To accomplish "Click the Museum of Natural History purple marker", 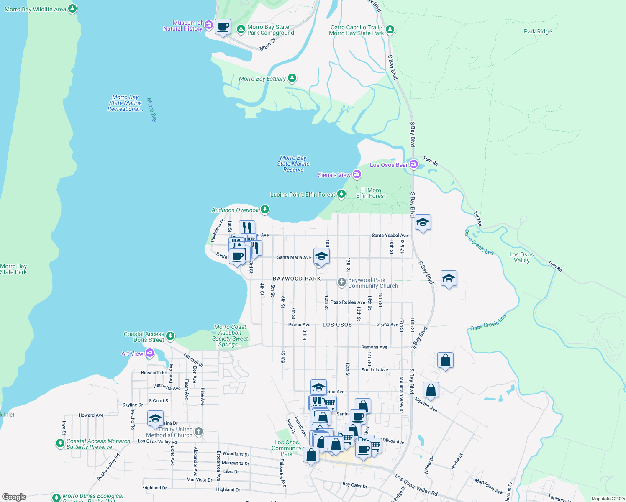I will pos(208,26).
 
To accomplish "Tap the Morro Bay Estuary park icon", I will pos(292,78).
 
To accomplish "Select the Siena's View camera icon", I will pos(357,174).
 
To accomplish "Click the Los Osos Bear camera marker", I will pos(414,164).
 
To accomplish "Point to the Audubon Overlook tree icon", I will pos(264,209).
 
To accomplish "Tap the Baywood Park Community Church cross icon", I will pos(342,282).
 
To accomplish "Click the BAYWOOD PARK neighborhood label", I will pos(297,279).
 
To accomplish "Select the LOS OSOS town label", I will pos(337,325).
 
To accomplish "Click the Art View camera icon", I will pos(149,353).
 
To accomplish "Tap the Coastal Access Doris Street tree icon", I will pos(170,336).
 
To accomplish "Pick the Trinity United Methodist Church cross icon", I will pos(199,431).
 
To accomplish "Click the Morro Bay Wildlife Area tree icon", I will pos(72,8).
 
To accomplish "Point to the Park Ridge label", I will pos(538,31).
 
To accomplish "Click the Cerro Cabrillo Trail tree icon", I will pos(390,29).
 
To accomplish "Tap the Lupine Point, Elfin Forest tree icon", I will pos(341,194).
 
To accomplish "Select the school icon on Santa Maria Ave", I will pos(321,256).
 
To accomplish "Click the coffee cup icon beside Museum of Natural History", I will pos(223,27).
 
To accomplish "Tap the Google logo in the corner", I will pos(14,497).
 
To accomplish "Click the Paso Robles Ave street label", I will pos(347,302).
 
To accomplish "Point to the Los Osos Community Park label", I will pos(287,448).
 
